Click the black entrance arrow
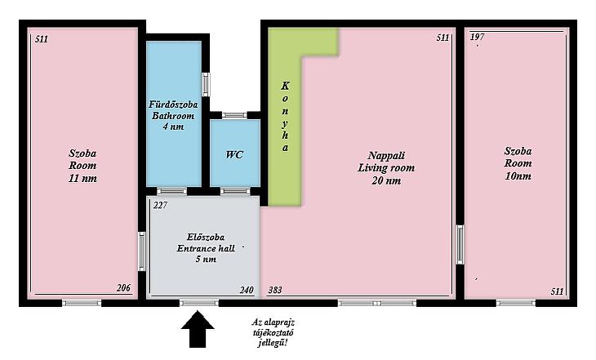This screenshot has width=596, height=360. click(198, 329)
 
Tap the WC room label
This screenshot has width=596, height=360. click(234, 155)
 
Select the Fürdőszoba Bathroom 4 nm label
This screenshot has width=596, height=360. click(173, 115)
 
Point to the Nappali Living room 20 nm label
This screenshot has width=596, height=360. click(386, 167)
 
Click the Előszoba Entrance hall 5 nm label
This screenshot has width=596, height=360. click(206, 248)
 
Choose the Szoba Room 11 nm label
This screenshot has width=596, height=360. click(82, 166)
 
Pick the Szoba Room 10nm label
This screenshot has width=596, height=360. click(518, 163)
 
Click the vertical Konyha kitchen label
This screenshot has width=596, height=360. click(285, 117)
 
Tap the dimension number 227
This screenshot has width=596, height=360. click(160, 205)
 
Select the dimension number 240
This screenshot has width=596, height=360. click(247, 290)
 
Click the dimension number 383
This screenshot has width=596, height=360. click(275, 290)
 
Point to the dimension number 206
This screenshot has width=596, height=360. click(123, 288)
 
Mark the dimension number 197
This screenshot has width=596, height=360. click(478, 37)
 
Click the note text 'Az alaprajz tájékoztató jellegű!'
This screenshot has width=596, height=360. click(273, 332)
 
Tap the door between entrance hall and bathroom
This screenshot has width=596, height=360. click(171, 191)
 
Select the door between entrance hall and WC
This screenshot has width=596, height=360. click(235, 191)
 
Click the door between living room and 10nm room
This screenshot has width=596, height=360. click(460, 244)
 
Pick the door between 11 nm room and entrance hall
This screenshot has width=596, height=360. click(142, 251)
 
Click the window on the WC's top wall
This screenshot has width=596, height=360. click(234, 115)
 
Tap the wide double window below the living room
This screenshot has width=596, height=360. click(377, 303)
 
